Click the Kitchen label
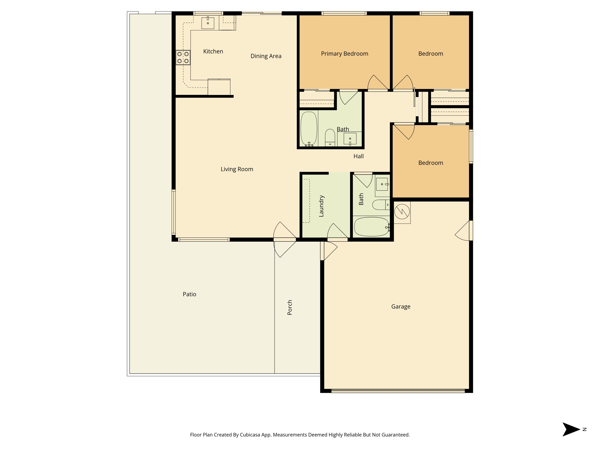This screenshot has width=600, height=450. [x=213, y=52]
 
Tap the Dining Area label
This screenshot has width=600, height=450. [x=266, y=56]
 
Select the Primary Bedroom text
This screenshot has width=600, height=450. [x=345, y=54]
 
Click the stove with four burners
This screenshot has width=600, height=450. [x=183, y=57]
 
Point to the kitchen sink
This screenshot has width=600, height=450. [x=208, y=23]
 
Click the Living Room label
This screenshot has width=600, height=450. [x=237, y=169]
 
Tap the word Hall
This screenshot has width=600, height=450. [x=358, y=156]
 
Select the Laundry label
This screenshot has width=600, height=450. [x=321, y=206]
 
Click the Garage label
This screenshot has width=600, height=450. [x=401, y=307]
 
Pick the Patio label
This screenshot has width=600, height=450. [x=189, y=294]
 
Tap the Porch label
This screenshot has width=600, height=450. [x=290, y=307]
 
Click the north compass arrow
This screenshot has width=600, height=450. [x=571, y=429]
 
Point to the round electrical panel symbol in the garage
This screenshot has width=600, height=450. [x=402, y=212]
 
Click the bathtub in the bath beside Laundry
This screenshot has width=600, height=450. [x=371, y=227]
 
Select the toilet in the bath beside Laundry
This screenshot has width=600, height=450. [x=381, y=205]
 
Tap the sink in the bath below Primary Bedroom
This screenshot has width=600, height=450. [x=350, y=139]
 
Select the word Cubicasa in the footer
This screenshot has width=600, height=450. [x=250, y=435]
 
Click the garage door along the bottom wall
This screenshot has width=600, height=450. [x=398, y=391]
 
